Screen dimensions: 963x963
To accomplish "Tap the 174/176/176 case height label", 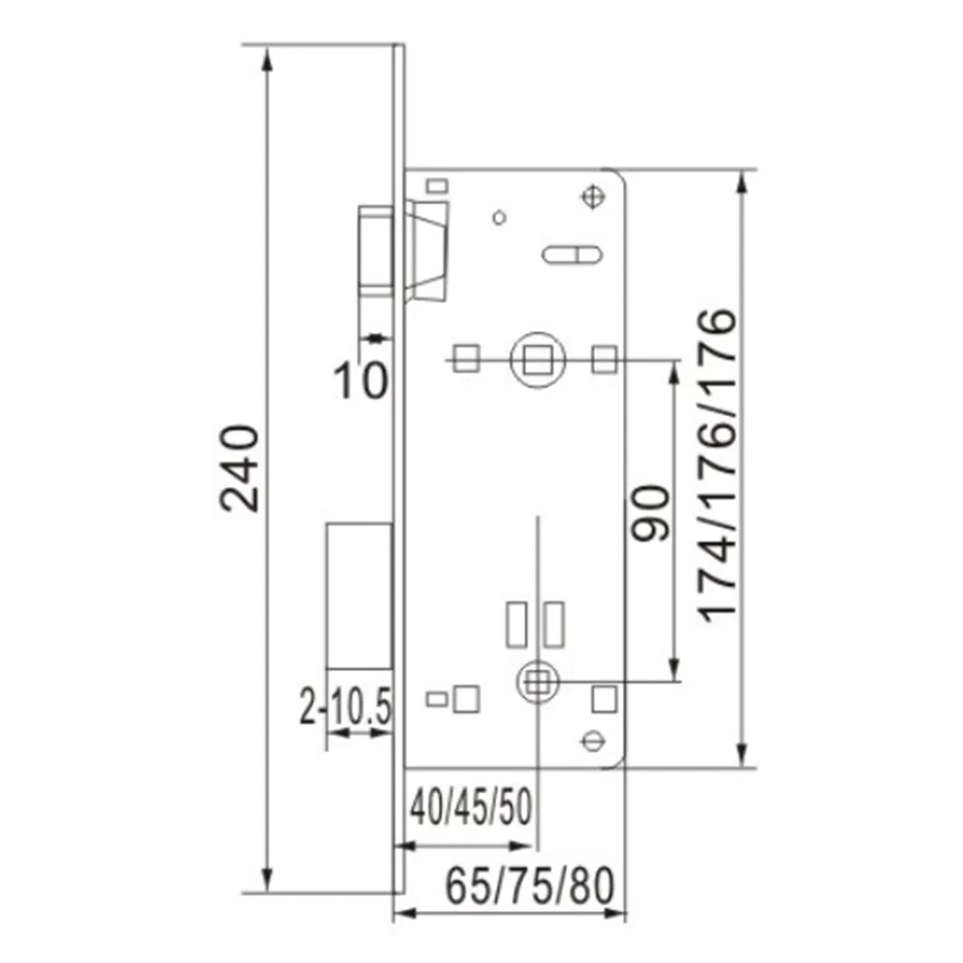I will (718, 467).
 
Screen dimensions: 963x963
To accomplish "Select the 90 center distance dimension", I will (652, 515).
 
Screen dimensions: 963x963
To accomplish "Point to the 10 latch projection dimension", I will (361, 380).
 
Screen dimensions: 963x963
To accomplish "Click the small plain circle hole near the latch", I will (498, 217).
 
